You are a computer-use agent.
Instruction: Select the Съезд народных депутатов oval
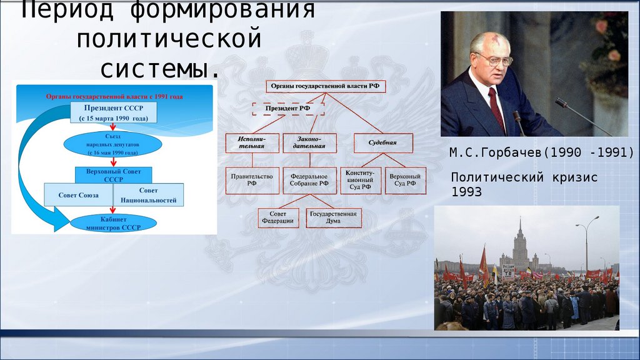point(112,144)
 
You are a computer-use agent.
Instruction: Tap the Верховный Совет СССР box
point(113,174)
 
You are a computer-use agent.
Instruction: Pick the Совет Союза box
point(78,195)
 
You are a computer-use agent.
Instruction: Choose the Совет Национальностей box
point(149,195)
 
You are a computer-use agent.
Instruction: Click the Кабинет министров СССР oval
point(113,222)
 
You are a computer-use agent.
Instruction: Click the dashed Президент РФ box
point(288,109)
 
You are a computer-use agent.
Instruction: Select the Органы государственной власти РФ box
point(326,87)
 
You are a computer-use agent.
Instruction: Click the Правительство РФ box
point(252,180)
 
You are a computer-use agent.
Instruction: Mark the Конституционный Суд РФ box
point(359,180)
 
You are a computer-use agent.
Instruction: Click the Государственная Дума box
point(334,217)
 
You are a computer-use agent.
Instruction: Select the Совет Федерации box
point(278,217)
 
